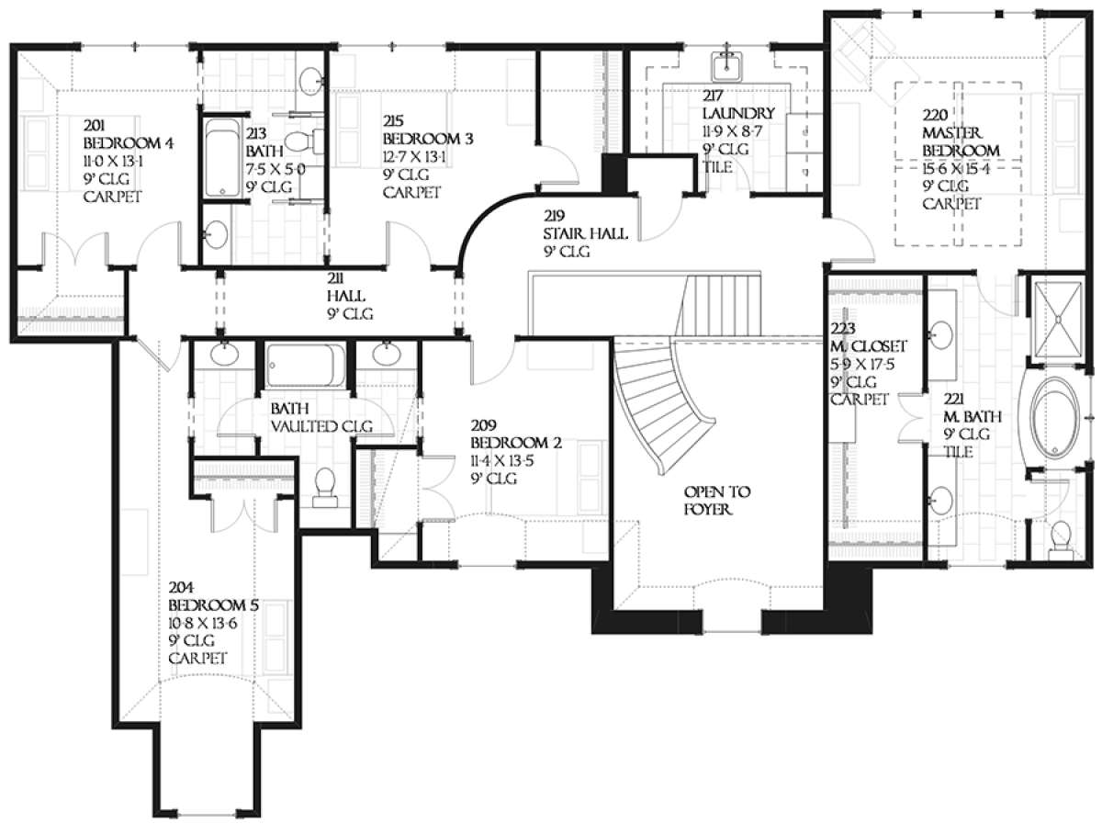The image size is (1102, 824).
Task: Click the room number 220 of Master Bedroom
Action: (x=936, y=116)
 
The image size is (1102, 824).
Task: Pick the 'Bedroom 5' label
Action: (x=213, y=607)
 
